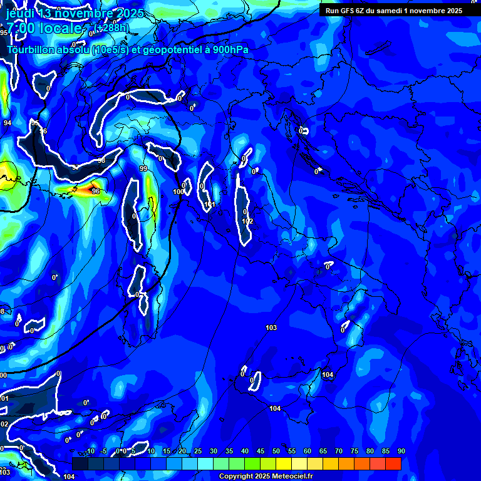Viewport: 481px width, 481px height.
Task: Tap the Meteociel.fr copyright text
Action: pyautogui.click(x=266, y=477)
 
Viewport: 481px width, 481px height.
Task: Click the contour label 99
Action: pyautogui.click(x=143, y=169)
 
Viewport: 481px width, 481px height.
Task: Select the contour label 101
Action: pyautogui.click(x=210, y=205)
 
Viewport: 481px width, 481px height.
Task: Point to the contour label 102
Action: pyautogui.click(x=247, y=221)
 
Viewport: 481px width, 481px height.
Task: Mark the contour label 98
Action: pyautogui.click(x=101, y=161)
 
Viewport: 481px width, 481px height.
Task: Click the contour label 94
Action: pyautogui.click(x=7, y=123)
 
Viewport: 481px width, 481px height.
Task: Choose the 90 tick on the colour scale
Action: pyautogui.click(x=401, y=452)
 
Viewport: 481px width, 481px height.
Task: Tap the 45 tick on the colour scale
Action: pyautogui.click(x=261, y=452)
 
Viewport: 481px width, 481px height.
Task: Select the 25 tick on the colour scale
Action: pyautogui.click(x=198, y=452)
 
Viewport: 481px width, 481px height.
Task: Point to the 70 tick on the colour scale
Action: pyautogui.click(x=339, y=452)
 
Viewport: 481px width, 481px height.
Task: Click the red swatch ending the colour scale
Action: pyautogui.click(x=393, y=463)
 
